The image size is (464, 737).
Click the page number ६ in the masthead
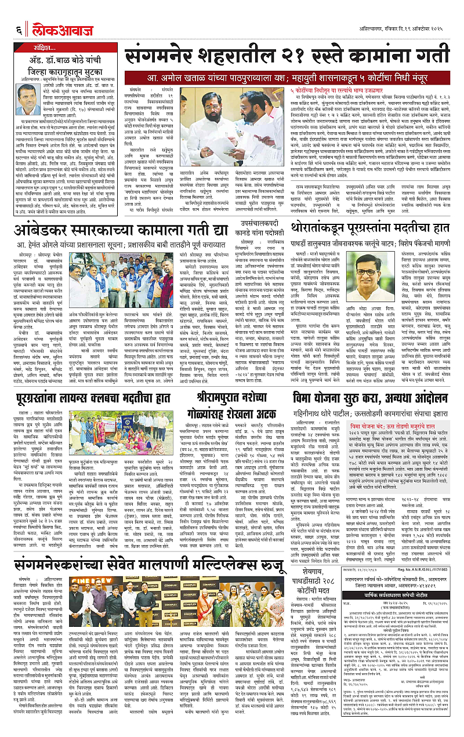[x=19, y=13]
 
